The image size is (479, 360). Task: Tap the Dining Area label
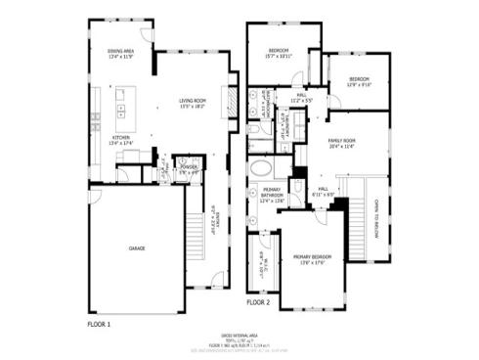click(120, 53)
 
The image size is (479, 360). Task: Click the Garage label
click(137, 248)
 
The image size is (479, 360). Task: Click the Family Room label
click(341, 144)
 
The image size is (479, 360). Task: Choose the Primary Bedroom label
click(313, 259)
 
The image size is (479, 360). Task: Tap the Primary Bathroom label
click(272, 198)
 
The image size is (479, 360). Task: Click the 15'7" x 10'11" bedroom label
click(279, 54)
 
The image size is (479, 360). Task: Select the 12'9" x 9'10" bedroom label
click(359, 81)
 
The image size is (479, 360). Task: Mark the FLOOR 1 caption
click(99, 321)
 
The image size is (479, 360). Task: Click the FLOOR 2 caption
click(257, 303)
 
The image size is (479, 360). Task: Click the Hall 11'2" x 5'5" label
click(300, 98)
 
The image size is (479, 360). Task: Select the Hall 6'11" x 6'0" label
click(325, 193)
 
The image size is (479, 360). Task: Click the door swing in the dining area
click(147, 35)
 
